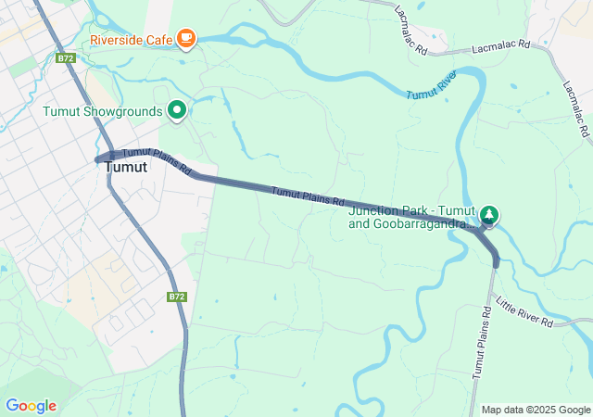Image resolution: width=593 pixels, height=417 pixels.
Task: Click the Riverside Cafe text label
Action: (x=132, y=40)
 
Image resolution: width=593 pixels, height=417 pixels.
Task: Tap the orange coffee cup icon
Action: (x=186, y=38)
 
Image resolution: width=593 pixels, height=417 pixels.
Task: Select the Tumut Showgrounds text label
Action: (x=102, y=111)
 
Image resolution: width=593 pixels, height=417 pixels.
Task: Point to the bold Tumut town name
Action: (x=126, y=168)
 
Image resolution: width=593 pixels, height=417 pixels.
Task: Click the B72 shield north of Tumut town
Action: (x=64, y=57)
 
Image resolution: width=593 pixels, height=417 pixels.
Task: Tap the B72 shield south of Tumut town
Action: (x=177, y=297)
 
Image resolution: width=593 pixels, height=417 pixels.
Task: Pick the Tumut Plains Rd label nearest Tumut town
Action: (x=157, y=161)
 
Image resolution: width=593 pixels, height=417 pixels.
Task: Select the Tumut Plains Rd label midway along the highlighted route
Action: (x=308, y=196)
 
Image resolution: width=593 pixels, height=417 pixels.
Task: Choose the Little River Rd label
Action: (x=524, y=312)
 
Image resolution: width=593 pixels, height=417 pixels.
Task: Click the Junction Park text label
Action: (x=410, y=216)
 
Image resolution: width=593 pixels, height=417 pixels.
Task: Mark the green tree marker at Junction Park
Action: (x=488, y=215)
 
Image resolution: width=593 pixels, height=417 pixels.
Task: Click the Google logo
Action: (x=31, y=406)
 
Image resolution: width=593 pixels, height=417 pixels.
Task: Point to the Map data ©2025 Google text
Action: (x=536, y=410)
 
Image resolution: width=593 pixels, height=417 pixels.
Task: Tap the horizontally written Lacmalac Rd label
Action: (x=500, y=44)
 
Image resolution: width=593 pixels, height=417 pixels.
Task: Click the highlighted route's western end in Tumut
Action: (x=97, y=159)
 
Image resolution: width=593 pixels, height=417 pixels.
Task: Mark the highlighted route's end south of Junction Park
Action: (x=496, y=265)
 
